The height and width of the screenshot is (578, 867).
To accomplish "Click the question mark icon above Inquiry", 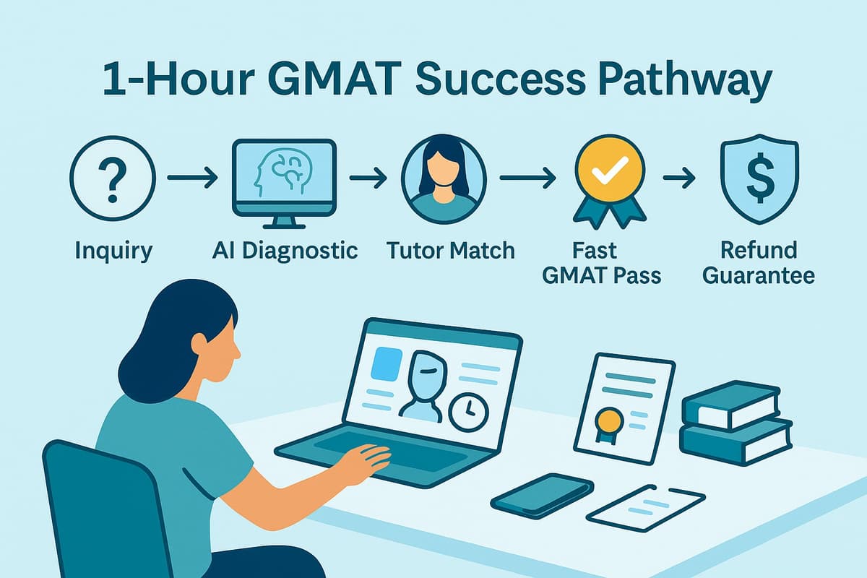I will (x=112, y=178).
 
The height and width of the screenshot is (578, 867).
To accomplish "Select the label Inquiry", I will (x=113, y=251).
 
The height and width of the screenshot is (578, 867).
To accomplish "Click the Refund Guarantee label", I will (x=759, y=262).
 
